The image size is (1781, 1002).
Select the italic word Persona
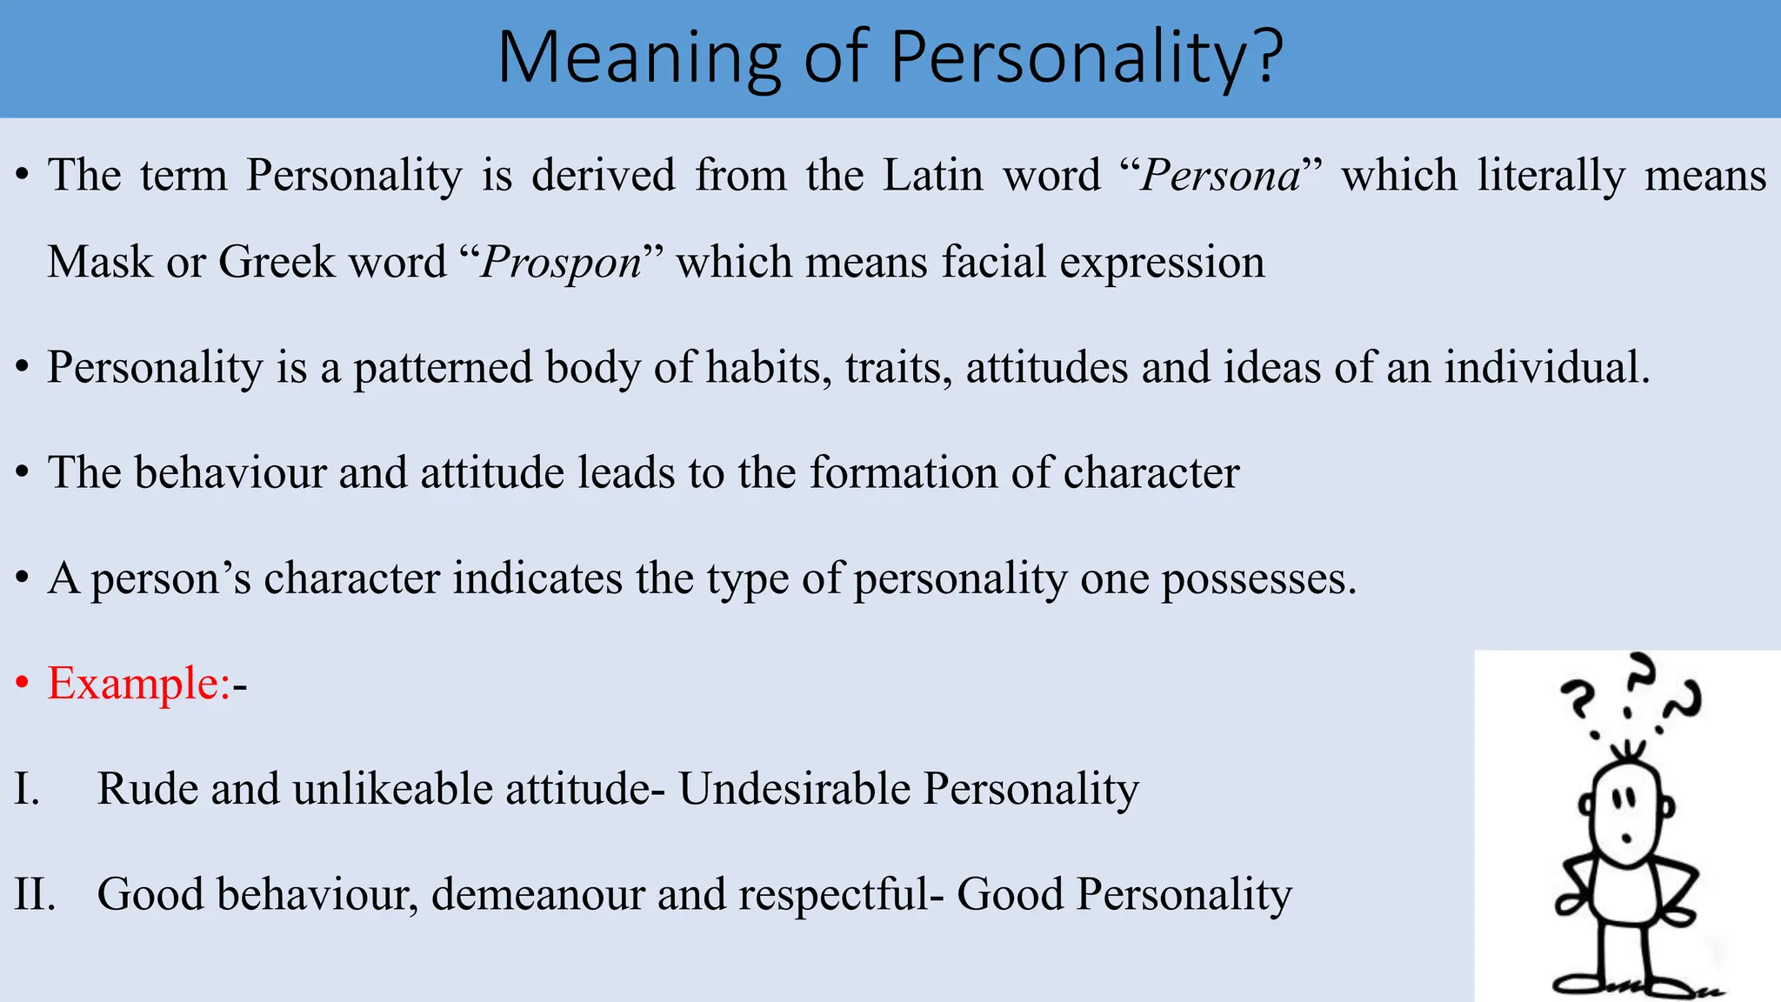click(x=1221, y=175)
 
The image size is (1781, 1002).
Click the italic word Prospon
click(x=562, y=262)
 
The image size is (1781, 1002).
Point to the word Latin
click(x=933, y=175)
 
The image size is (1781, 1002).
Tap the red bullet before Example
click(x=23, y=684)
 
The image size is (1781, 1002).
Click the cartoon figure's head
click(x=1625, y=813)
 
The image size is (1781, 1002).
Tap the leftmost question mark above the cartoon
click(x=1578, y=700)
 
